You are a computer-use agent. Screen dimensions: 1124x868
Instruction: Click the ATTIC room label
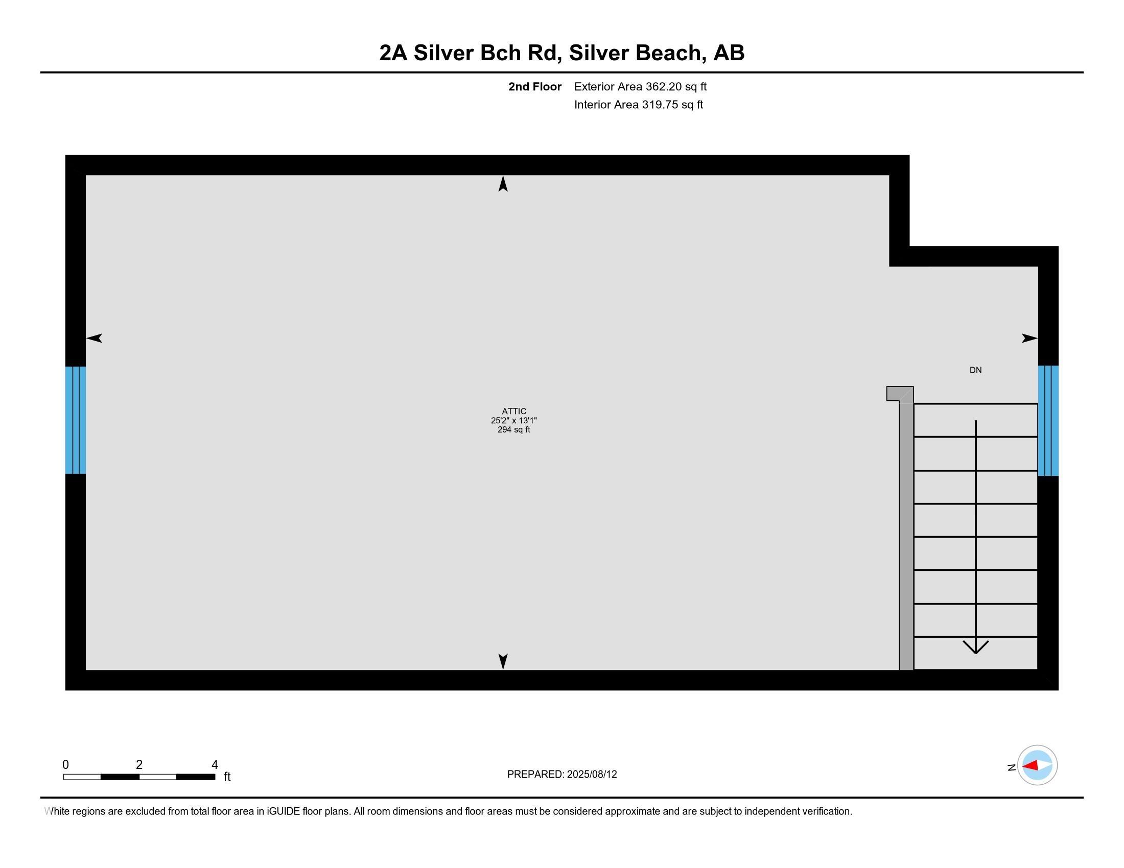[x=513, y=412]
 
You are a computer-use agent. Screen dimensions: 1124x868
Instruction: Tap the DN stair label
[x=975, y=370]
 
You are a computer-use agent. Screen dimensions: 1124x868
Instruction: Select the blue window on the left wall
[x=76, y=420]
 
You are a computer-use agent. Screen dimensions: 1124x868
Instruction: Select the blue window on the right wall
[x=1048, y=421]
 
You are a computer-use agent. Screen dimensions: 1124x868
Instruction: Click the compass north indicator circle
[x=1037, y=766]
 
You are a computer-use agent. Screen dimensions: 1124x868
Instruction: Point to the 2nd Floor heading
[x=535, y=87]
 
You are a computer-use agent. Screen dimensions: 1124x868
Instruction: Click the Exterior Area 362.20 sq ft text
[x=640, y=87]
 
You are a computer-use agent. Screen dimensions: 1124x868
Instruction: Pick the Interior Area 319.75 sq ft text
[x=639, y=105]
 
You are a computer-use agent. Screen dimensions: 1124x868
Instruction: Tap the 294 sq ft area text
[x=513, y=430]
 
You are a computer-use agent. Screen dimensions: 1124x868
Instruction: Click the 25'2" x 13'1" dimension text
[x=513, y=421]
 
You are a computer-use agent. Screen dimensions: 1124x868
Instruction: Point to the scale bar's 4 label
[x=215, y=765]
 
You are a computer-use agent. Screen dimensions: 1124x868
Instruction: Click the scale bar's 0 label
[x=65, y=765]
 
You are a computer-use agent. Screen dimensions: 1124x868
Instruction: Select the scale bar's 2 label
[x=139, y=765]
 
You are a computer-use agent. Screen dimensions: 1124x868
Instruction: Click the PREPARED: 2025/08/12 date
[x=562, y=775]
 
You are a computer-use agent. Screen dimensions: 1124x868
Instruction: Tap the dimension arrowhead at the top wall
[x=503, y=184]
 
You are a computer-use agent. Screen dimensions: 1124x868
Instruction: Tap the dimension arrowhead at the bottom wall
[x=503, y=662]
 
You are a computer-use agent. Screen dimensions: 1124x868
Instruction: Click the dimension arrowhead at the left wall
[x=94, y=338]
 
